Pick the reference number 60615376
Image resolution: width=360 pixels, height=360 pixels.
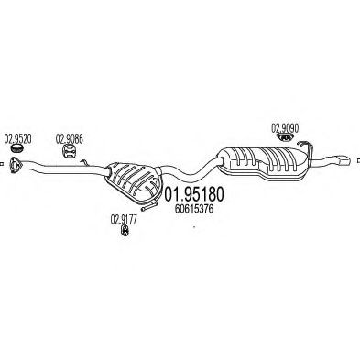[x=192, y=209]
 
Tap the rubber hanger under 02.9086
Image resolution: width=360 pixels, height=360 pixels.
[x=68, y=153]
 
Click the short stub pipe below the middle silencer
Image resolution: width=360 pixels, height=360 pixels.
[x=147, y=199]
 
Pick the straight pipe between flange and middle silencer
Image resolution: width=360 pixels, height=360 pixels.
[x=69, y=171]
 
